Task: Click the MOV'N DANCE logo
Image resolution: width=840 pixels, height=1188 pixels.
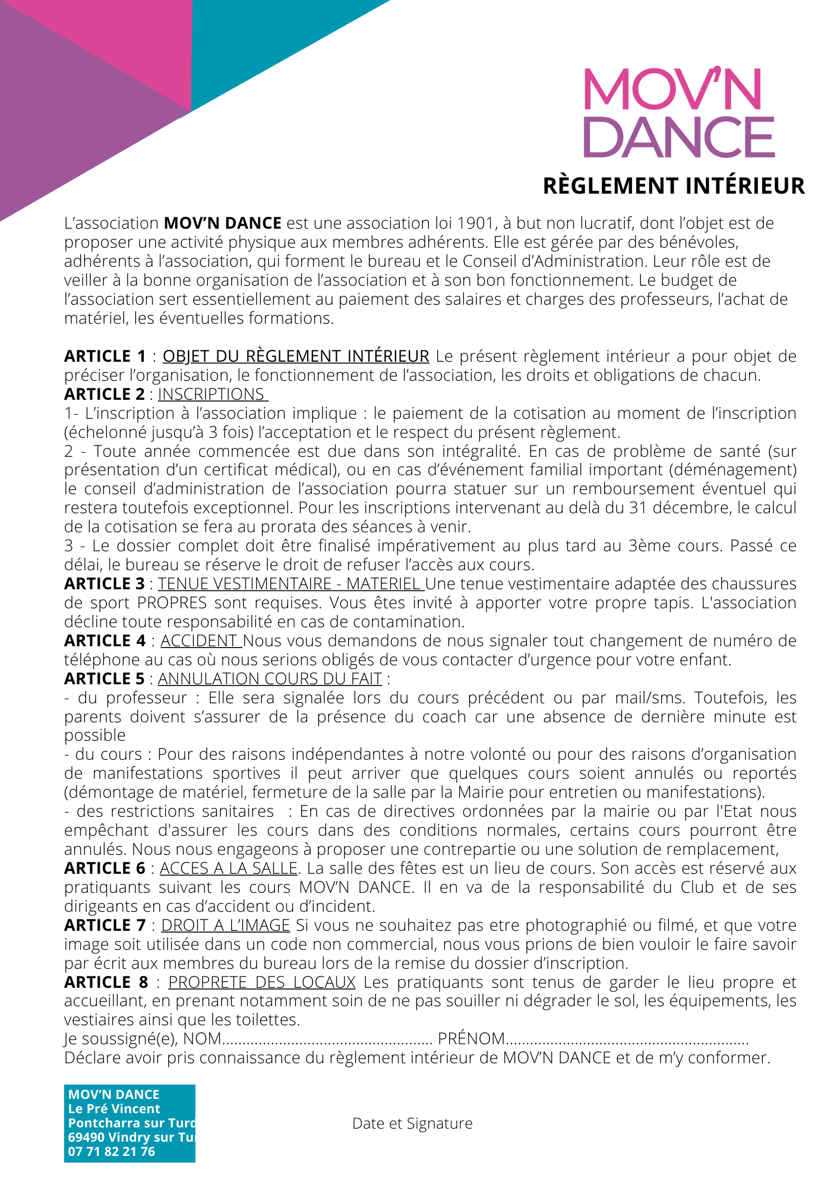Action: click(x=678, y=113)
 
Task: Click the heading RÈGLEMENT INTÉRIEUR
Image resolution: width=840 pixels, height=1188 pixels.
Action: click(x=674, y=186)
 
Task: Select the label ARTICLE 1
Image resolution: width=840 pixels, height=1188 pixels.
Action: click(x=105, y=356)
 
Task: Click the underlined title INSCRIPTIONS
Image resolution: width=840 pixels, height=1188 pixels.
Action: click(x=211, y=394)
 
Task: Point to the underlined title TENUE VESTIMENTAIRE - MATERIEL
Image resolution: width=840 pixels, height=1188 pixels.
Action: click(x=290, y=584)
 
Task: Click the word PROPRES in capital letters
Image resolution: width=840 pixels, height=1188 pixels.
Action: click(x=172, y=603)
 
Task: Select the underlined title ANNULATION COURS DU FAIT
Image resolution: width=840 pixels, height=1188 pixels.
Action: click(x=270, y=679)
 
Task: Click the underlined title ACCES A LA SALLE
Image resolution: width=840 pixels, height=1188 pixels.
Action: click(x=228, y=868)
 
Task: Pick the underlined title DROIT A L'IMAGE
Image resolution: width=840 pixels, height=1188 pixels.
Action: click(x=225, y=925)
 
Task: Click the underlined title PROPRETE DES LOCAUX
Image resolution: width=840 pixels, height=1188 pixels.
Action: click(x=262, y=982)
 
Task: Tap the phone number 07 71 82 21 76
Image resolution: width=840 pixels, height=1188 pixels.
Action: click(x=112, y=1152)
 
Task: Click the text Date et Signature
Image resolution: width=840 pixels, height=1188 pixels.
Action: click(x=412, y=1123)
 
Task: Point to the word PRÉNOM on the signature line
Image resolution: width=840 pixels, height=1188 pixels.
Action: click(x=470, y=1039)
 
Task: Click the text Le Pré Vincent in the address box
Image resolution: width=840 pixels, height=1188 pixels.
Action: click(x=114, y=1109)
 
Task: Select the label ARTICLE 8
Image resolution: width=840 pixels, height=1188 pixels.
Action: click(x=106, y=982)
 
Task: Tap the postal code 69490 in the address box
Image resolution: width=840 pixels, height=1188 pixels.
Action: click(x=86, y=1138)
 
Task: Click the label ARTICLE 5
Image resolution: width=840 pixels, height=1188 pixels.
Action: click(x=105, y=679)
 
